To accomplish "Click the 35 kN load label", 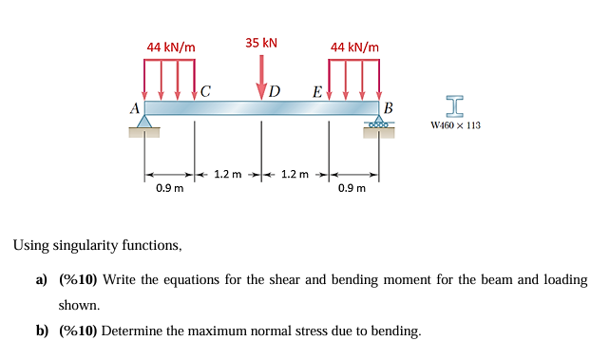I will [x=261, y=43].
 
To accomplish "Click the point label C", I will [x=205, y=92].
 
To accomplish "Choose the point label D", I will [x=275, y=92].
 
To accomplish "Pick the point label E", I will [x=316, y=92].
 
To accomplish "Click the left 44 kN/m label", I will [x=171, y=47].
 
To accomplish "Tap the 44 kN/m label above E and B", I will [x=353, y=47].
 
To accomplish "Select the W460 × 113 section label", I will [x=455, y=124].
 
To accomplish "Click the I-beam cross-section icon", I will [x=455, y=104].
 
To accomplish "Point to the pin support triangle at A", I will [x=144, y=123].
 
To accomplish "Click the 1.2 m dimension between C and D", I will [x=228, y=174].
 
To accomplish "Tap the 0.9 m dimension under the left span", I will [x=170, y=188].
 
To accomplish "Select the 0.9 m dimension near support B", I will [x=353, y=188].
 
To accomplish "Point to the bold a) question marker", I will [x=41, y=280].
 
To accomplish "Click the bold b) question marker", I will [x=41, y=331].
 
